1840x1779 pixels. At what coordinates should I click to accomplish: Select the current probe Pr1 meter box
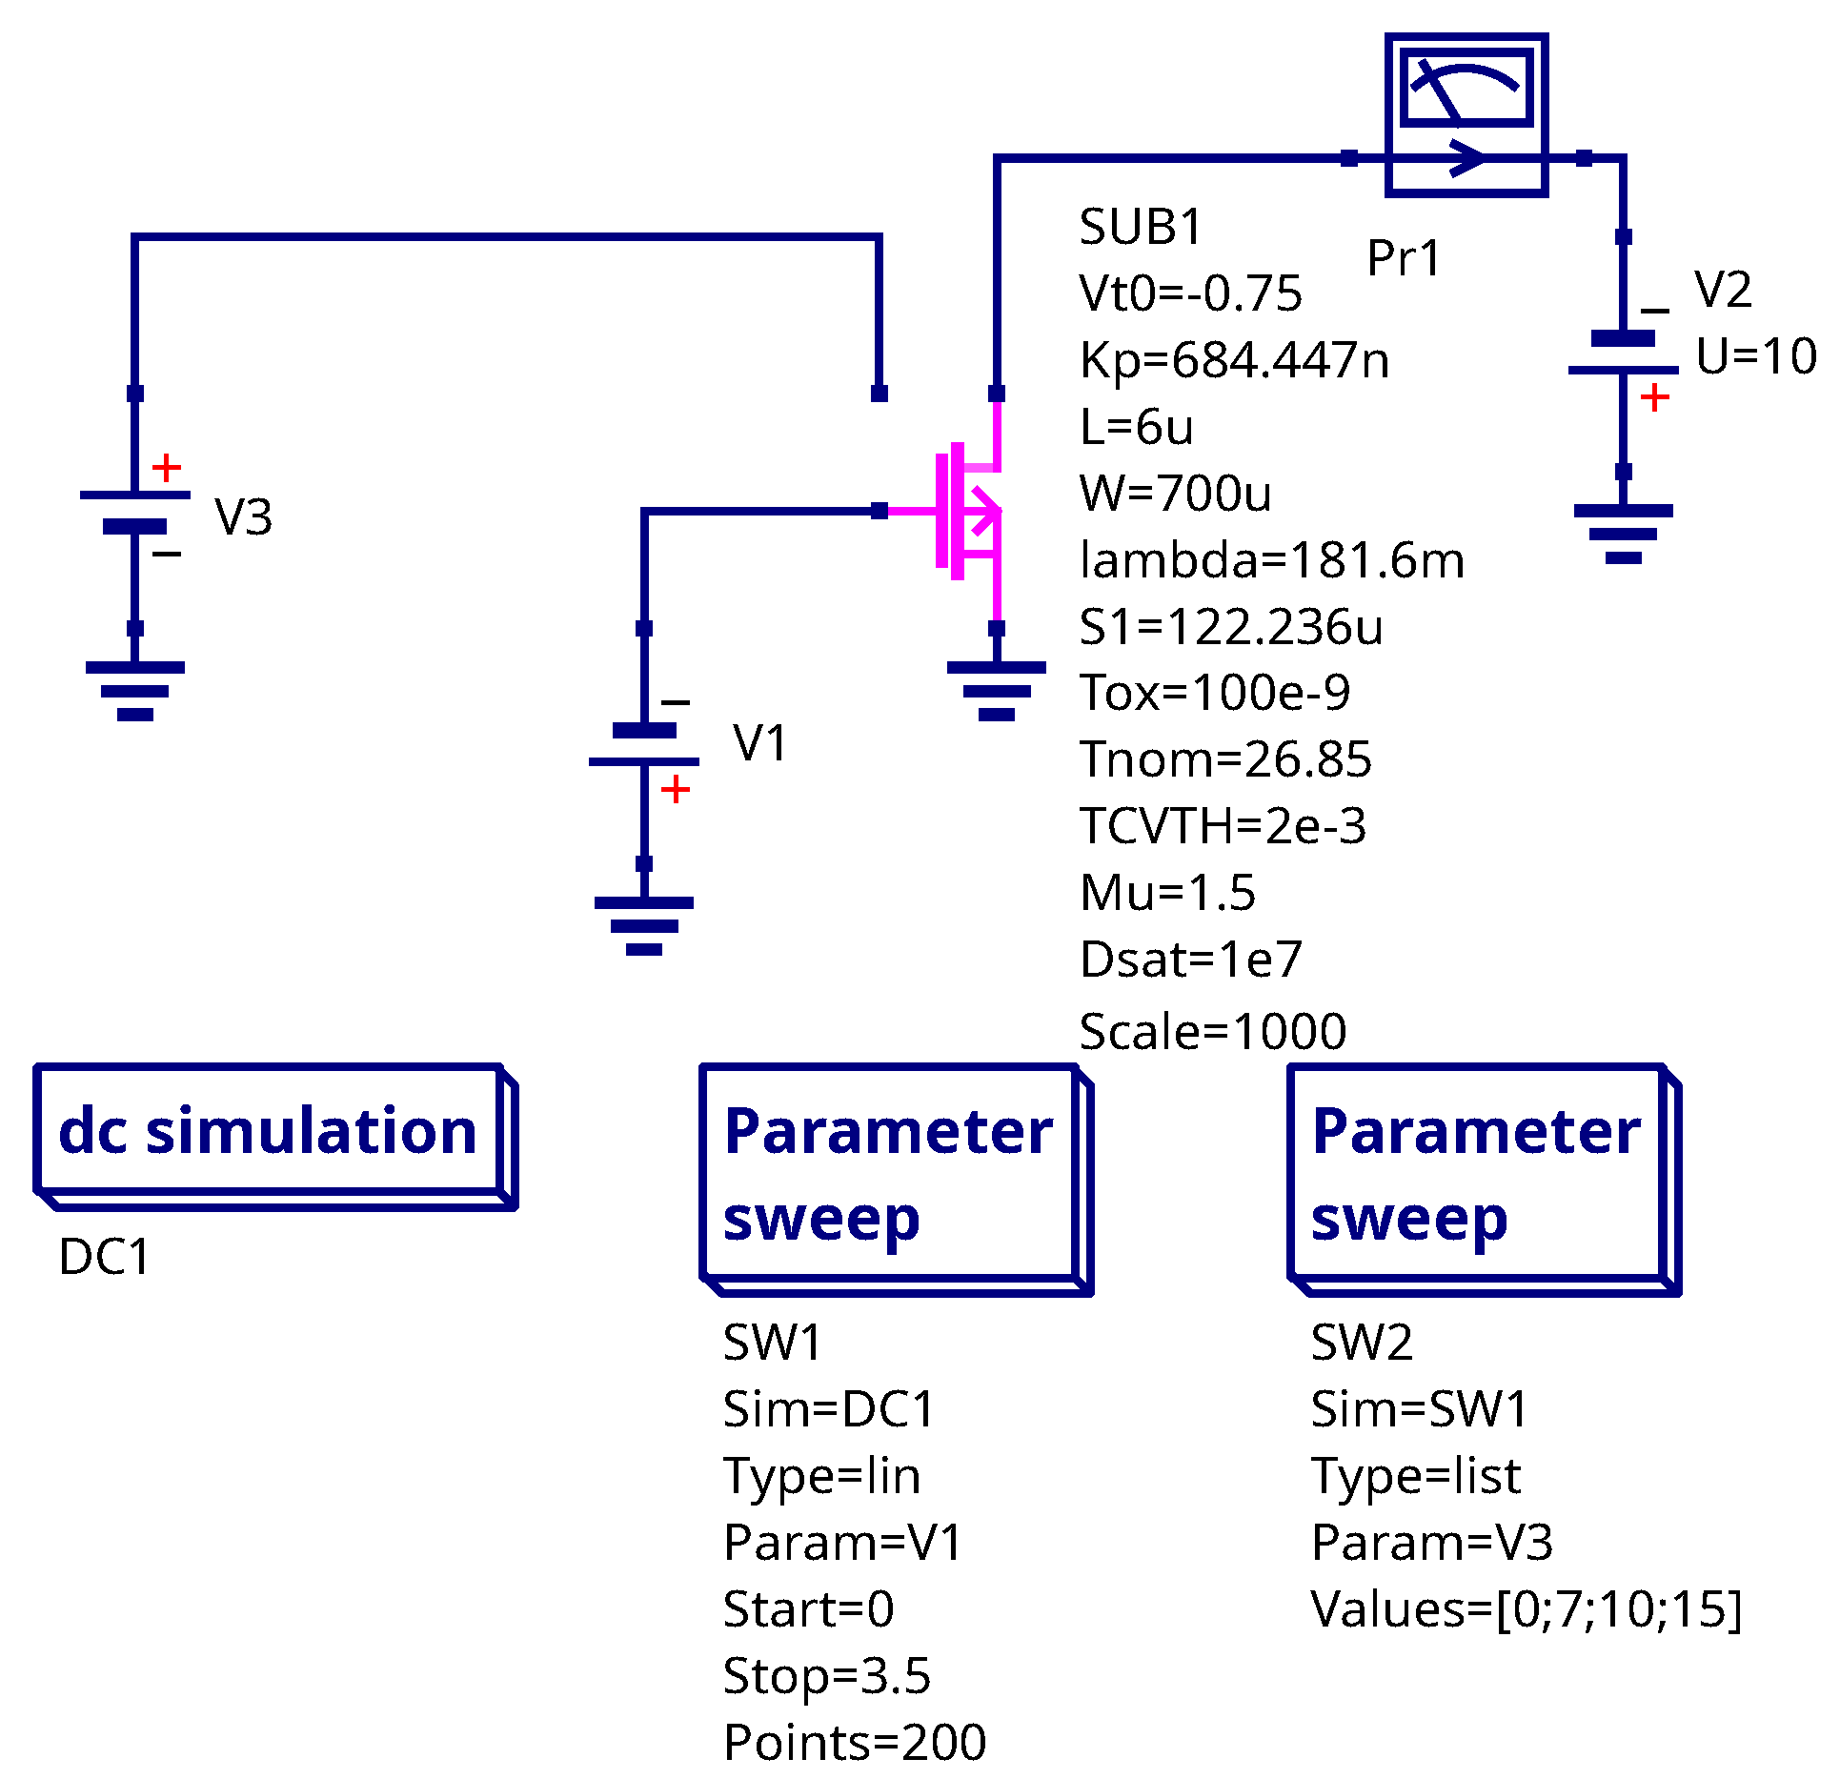point(1466,115)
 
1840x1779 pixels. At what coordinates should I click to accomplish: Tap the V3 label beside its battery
point(244,517)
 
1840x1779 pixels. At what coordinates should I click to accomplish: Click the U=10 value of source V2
point(1756,356)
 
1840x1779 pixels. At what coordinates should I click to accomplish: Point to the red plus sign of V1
point(675,789)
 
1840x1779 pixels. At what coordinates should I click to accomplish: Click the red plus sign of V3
point(167,467)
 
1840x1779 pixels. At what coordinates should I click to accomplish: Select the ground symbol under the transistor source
point(996,691)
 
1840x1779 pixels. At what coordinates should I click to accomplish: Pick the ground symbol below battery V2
point(1623,535)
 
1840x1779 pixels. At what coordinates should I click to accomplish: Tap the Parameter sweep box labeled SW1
point(896,1179)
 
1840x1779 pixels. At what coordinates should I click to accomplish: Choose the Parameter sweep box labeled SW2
point(1484,1179)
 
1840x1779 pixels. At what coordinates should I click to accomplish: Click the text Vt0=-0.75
point(1190,293)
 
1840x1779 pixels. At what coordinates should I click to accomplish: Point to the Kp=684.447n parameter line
point(1234,360)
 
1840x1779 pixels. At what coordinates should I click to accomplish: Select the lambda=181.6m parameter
point(1272,560)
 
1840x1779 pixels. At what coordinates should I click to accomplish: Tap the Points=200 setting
point(855,1743)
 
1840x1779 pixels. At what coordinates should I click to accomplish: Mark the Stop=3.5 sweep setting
point(826,1676)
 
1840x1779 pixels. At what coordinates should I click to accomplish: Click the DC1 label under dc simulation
point(105,1257)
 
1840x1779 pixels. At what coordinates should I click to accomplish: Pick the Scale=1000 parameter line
point(1212,1031)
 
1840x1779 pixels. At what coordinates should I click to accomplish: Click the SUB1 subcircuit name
point(1141,227)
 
